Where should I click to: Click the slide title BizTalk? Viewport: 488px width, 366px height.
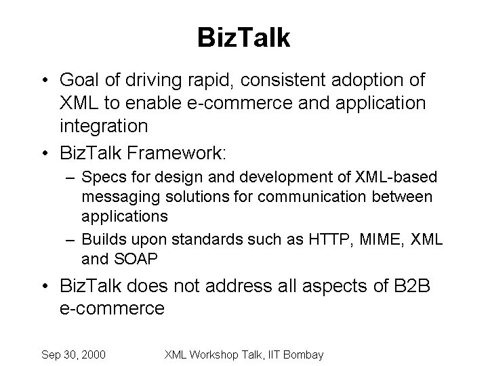click(x=244, y=37)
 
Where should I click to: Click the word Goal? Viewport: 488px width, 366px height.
click(x=79, y=80)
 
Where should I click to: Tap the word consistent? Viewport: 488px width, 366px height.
click(x=283, y=80)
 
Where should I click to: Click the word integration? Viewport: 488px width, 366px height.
click(x=104, y=127)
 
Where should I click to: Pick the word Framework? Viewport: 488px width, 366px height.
click(x=176, y=152)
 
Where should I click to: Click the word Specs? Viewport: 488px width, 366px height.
click(x=104, y=178)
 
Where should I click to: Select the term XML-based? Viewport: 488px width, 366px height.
click(x=396, y=177)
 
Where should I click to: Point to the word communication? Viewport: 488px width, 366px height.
click(x=312, y=197)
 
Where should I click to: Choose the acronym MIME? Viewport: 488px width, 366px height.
click(x=382, y=240)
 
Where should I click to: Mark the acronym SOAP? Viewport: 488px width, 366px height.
click(x=136, y=259)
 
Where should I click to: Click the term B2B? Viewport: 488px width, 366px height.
click(x=412, y=286)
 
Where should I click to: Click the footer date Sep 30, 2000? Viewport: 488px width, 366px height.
click(x=73, y=354)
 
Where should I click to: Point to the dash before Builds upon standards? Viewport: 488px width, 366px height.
click(x=70, y=241)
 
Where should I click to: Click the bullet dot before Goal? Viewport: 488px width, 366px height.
click(x=45, y=80)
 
